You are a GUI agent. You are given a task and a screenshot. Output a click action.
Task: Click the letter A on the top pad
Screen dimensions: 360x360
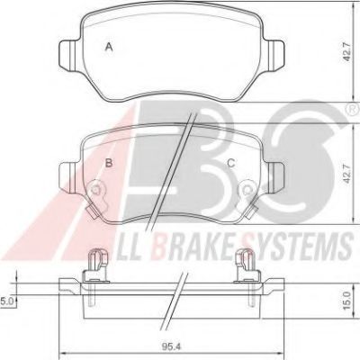tap(110, 46)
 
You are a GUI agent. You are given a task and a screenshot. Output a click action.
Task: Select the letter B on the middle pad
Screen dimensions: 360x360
tap(109, 163)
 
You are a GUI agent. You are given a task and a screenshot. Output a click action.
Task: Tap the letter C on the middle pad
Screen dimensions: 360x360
tap(230, 163)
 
